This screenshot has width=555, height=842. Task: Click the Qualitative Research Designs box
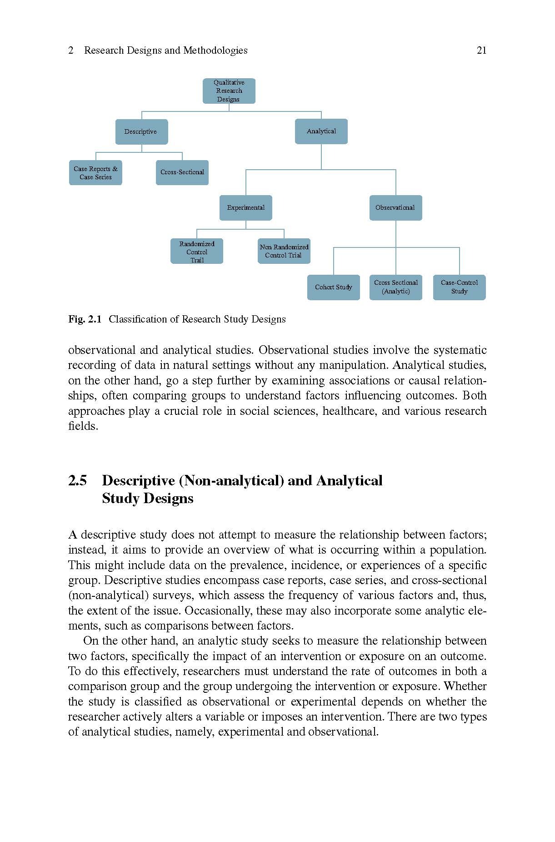click(x=229, y=91)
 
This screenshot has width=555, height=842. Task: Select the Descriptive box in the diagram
click(x=141, y=131)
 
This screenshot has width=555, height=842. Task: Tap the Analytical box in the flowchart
click(x=321, y=131)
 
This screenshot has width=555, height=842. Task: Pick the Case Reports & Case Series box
click(x=95, y=173)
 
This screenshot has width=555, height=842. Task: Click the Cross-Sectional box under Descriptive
click(x=182, y=172)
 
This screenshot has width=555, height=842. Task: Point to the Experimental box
click(x=245, y=207)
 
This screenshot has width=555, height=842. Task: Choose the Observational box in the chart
click(x=395, y=207)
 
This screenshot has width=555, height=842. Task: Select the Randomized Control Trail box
click(x=196, y=252)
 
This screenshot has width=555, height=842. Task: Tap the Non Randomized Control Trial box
click(x=284, y=251)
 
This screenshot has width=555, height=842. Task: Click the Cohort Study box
click(x=333, y=287)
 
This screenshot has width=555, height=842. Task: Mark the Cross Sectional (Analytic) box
click(x=395, y=287)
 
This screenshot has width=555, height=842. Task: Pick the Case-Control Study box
click(x=459, y=287)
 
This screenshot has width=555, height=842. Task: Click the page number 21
click(x=481, y=50)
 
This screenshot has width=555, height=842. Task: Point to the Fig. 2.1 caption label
click(x=85, y=319)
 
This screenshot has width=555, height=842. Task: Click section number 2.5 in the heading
click(x=77, y=481)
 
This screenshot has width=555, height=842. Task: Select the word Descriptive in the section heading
click(x=138, y=481)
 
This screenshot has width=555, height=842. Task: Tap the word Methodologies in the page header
click(x=215, y=50)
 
